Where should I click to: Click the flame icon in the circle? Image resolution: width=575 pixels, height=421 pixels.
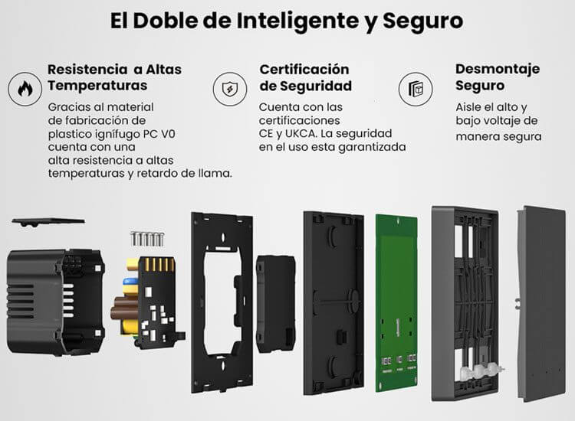point(25,89)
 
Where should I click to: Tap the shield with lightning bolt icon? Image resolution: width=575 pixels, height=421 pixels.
point(230,89)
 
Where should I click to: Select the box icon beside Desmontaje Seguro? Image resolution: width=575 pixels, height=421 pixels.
point(416,89)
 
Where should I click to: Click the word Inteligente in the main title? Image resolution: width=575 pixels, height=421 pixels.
point(297,21)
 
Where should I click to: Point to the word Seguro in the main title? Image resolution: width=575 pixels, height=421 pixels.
point(422,21)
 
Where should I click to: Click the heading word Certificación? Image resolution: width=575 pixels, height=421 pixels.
point(304,69)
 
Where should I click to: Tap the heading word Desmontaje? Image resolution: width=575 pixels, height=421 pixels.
point(498,69)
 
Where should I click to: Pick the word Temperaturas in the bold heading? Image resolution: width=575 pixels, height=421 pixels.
point(97,86)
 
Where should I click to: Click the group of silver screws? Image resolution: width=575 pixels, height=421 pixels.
point(147,239)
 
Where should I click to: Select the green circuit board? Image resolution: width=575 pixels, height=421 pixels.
point(396,302)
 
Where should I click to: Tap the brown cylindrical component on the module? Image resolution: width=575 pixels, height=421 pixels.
point(125,312)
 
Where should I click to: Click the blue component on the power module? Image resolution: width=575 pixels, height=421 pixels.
point(128,282)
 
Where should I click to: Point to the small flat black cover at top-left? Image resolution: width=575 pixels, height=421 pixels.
point(48,221)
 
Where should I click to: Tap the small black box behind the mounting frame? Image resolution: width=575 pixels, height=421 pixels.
point(275,304)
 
